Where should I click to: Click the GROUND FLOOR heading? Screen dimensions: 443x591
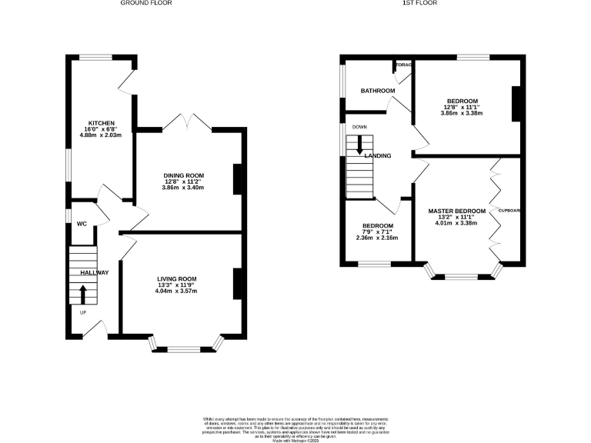[145, 3]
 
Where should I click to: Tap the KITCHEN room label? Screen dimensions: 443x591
[102, 123]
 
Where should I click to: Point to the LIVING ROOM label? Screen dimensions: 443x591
[177, 279]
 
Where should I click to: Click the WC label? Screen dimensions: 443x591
[81, 225]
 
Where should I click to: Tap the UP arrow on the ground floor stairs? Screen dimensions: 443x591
[83, 293]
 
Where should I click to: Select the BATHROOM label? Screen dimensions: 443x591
[378, 91]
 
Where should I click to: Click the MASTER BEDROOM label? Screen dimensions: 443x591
[457, 211]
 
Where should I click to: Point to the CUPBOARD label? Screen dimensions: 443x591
[509, 210]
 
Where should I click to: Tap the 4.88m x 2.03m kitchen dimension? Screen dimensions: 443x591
[102, 136]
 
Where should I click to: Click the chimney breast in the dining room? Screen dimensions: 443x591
[238, 178]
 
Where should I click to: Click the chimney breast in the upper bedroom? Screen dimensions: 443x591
[516, 104]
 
